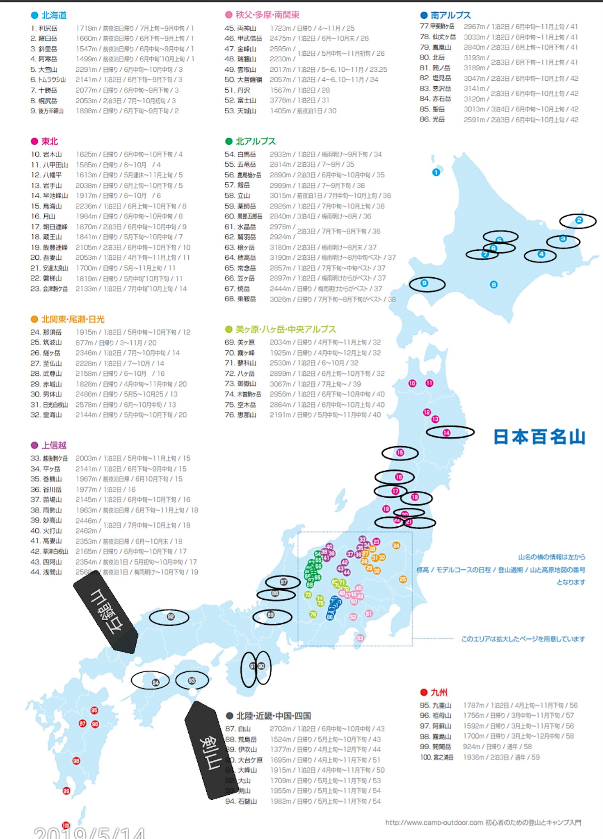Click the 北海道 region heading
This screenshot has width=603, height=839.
[x=54, y=16]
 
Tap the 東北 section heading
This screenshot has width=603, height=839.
[x=49, y=141]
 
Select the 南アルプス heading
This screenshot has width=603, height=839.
[x=450, y=16]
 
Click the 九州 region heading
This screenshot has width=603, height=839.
[x=439, y=692]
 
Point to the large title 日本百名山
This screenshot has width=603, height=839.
[x=539, y=437]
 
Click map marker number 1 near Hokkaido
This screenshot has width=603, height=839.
[x=436, y=172]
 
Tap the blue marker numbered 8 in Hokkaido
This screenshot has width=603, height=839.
[x=493, y=284]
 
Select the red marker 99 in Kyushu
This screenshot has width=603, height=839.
[x=66, y=791]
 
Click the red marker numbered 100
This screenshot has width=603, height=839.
[x=66, y=825]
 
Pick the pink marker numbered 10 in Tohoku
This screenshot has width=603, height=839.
[x=412, y=383]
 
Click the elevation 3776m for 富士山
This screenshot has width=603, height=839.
[x=280, y=100]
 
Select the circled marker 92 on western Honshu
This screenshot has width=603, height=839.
[x=171, y=617]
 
